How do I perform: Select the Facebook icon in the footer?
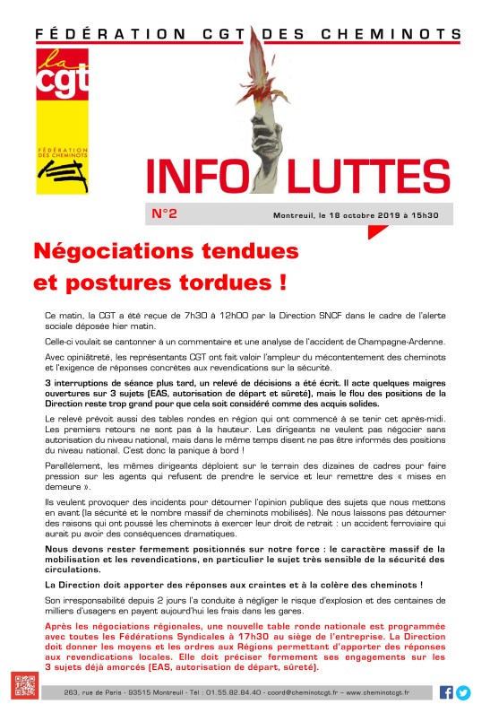tap(446, 691)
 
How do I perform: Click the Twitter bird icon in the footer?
tap(463, 691)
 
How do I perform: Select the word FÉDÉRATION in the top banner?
tap(88, 35)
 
